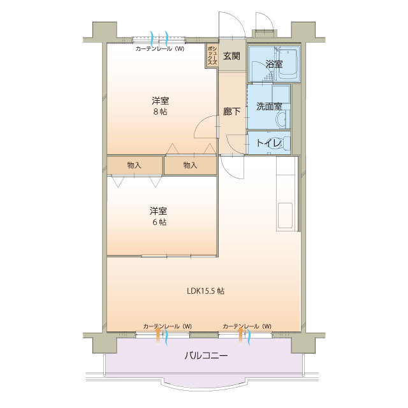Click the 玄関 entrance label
(231, 56)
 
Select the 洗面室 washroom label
(269, 106)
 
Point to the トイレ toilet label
(268, 143)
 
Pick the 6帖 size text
(159, 222)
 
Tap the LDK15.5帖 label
(205, 291)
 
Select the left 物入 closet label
(135, 165)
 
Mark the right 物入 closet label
(190, 165)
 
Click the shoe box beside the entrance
(212, 56)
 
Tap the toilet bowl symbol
(284, 142)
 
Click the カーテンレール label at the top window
(160, 49)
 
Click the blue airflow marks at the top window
(160, 36)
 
